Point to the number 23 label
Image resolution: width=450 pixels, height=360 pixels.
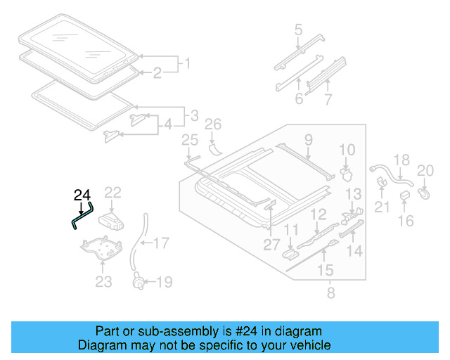click(103, 283)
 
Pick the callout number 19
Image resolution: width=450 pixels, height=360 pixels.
click(164, 283)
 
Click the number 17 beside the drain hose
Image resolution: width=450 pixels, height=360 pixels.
click(161, 244)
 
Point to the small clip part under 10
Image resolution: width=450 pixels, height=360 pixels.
click(345, 172)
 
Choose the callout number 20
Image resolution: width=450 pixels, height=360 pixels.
click(426, 169)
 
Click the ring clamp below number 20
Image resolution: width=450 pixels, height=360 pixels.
click(425, 189)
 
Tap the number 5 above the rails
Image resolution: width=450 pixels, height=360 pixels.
click(298, 30)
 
